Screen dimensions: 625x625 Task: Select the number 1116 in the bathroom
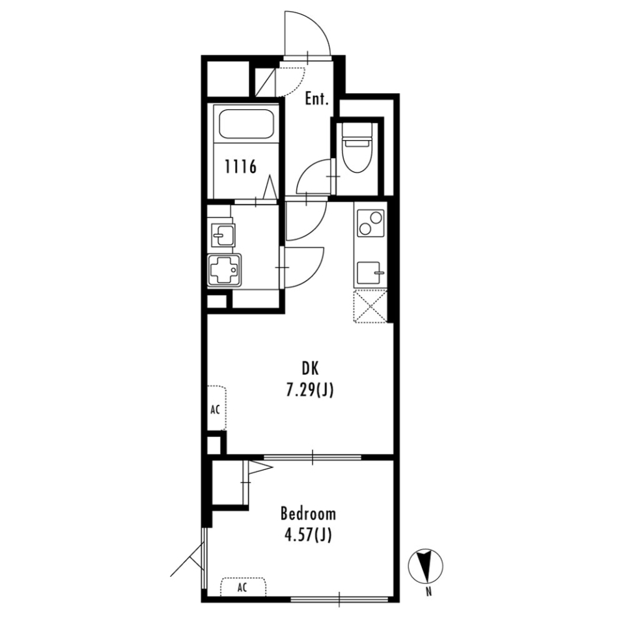(240, 167)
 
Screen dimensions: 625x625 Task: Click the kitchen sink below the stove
(369, 272)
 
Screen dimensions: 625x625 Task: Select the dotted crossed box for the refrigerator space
(370, 306)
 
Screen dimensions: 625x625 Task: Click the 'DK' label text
(309, 369)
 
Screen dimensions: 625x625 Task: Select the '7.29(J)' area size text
(309, 391)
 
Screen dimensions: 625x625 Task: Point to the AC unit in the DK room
(216, 409)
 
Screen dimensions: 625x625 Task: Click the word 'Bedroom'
(309, 514)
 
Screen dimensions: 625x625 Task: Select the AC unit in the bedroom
(243, 587)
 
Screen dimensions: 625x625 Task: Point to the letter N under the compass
(428, 592)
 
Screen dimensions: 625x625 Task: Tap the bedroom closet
(228, 483)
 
